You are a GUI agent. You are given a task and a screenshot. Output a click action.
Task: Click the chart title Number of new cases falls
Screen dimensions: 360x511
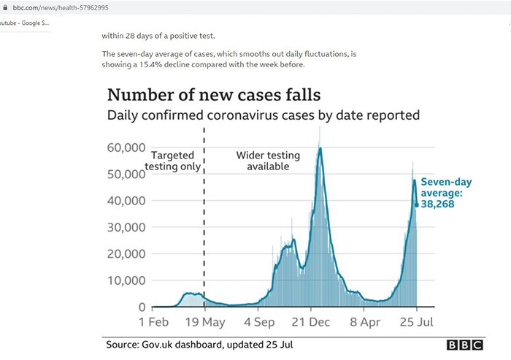point(214,95)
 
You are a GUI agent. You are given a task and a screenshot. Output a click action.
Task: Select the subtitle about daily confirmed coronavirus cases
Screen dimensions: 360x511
point(263,115)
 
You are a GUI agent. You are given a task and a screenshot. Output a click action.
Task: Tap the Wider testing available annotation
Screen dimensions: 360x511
point(263,161)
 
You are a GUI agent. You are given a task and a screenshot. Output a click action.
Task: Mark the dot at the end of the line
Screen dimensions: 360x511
point(417,204)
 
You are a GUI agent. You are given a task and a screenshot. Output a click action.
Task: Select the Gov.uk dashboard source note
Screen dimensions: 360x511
point(201,345)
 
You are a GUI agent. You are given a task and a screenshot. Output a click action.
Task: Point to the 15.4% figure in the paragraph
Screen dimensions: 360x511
point(184,64)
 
